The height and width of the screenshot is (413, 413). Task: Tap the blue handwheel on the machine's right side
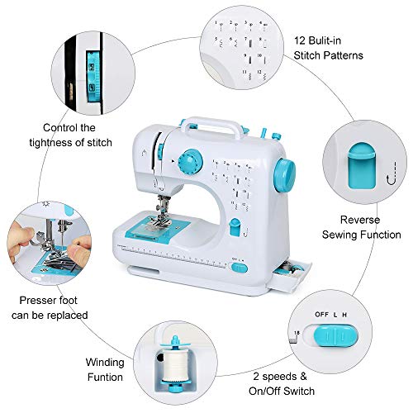[x=290, y=170]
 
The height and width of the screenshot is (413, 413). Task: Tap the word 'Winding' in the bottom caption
[x=107, y=362]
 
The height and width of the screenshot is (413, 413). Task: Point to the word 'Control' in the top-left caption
[x=50, y=129]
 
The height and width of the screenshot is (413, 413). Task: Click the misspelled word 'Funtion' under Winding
[x=107, y=377]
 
